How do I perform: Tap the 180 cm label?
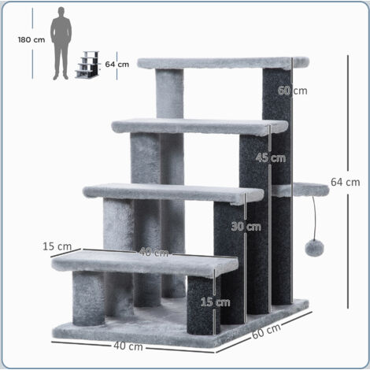click(30, 40)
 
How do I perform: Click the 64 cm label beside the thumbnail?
click(117, 65)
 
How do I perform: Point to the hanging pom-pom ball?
click(313, 246)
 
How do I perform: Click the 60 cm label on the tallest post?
click(292, 91)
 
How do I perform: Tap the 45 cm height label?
click(270, 157)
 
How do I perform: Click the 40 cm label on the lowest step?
click(153, 253)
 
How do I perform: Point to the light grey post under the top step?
click(169, 94)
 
